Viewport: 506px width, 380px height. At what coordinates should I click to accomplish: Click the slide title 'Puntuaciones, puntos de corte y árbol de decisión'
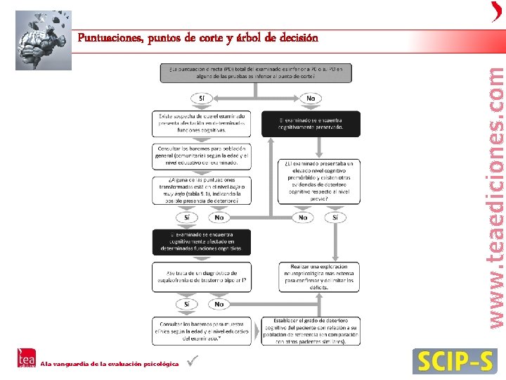pos(197,37)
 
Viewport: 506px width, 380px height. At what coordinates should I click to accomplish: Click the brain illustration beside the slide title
pos(43,39)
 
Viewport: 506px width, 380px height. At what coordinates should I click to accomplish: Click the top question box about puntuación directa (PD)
pos(259,72)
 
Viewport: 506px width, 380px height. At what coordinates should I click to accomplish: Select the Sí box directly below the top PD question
pos(202,99)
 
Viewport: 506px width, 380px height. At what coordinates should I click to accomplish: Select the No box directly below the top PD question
pos(311,99)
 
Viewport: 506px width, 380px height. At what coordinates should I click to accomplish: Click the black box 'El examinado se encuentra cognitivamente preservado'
pos(311,123)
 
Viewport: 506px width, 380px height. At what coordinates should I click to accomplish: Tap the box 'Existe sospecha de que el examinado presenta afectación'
pos(202,123)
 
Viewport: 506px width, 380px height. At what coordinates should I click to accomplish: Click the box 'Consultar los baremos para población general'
pos(202,156)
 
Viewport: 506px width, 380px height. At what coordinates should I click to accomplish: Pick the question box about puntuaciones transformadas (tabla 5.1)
pos(202,190)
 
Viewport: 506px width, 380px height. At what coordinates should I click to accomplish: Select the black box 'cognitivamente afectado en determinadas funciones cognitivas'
pos(202,242)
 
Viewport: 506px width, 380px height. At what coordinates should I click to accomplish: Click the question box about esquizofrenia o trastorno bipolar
pos(202,276)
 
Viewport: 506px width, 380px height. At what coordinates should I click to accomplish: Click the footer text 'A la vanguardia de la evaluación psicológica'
pos(109,364)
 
